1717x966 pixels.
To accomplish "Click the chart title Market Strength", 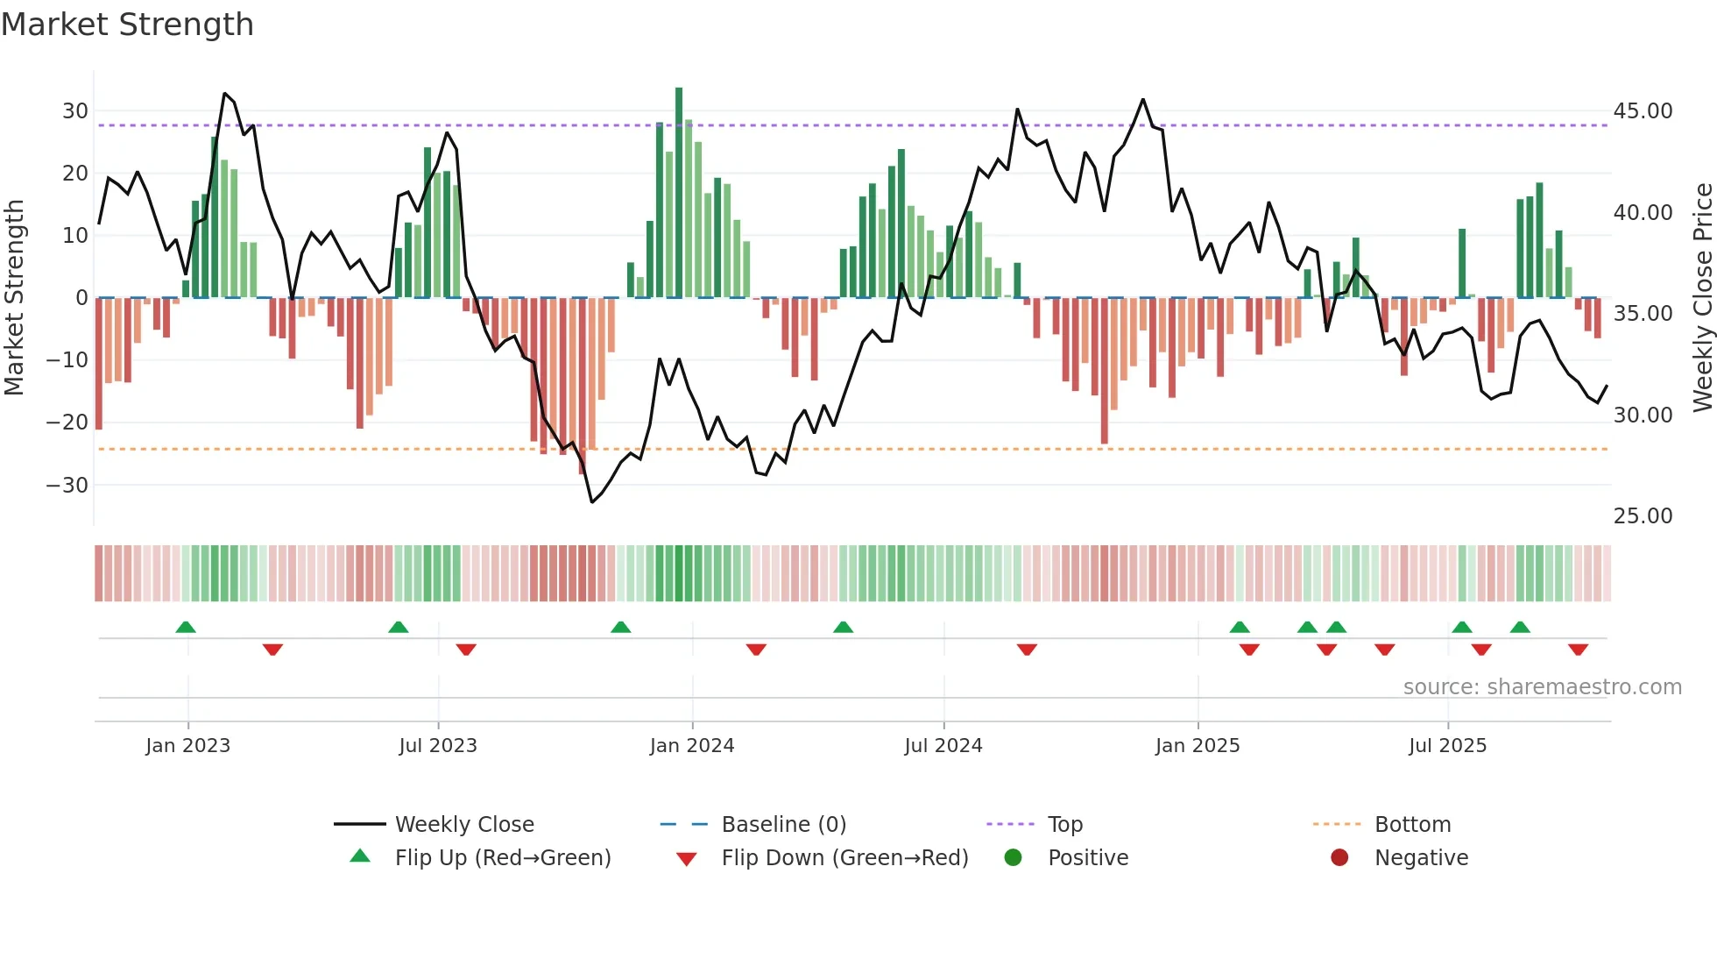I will tap(127, 25).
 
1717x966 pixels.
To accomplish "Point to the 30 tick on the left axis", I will tap(75, 111).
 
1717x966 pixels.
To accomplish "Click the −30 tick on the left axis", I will tap(67, 485).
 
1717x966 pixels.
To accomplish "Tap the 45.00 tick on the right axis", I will tap(1643, 111).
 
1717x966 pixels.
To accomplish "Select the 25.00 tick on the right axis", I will tap(1643, 516).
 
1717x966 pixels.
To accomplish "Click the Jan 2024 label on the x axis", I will tap(691, 746).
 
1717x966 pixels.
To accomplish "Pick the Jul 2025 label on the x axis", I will tap(1447, 746).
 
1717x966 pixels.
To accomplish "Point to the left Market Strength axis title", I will tap(14, 298).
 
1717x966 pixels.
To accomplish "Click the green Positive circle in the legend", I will tap(1014, 857).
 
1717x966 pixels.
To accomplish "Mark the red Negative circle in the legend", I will tap(1339, 857).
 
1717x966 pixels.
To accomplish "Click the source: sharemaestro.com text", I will tap(1542, 687).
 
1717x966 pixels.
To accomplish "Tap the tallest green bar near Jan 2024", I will tap(679, 193).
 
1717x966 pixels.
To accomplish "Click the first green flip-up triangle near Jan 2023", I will tap(186, 627).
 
